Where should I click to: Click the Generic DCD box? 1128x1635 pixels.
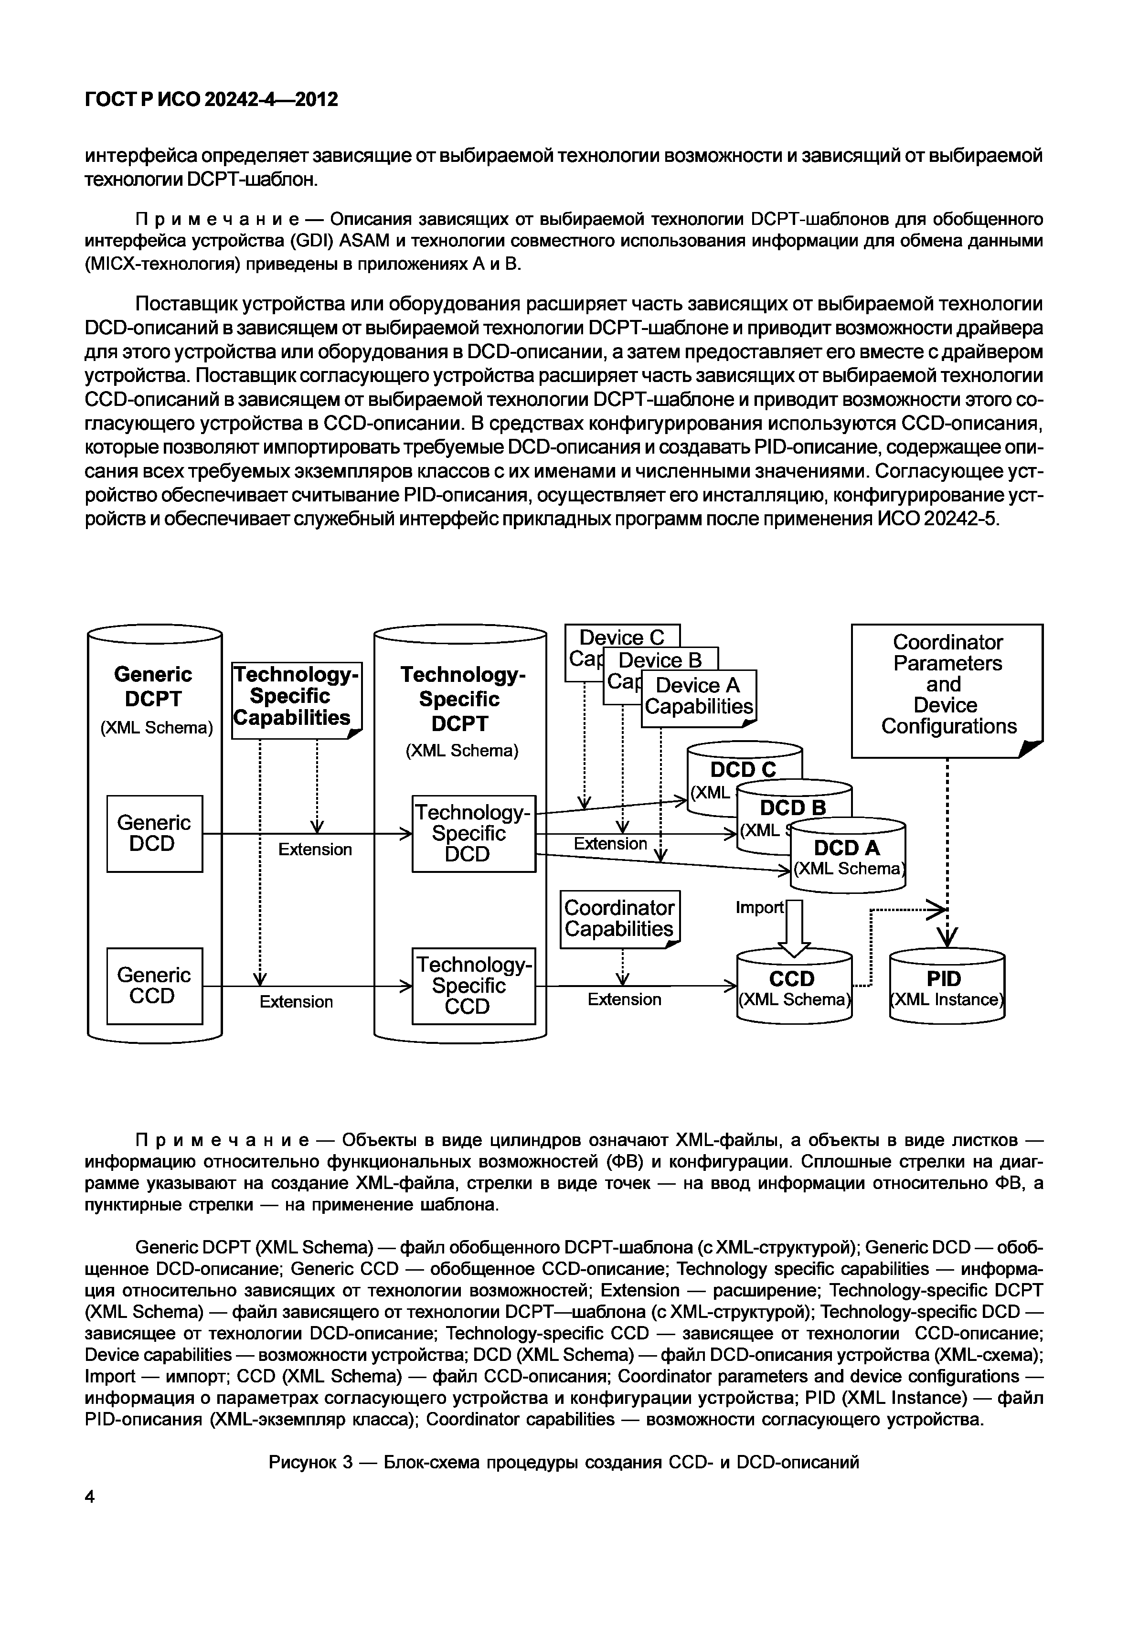[154, 833]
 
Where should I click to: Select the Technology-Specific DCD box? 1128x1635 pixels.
[474, 833]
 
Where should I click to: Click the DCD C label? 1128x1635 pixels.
[743, 769]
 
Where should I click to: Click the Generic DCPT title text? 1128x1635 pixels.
[153, 686]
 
